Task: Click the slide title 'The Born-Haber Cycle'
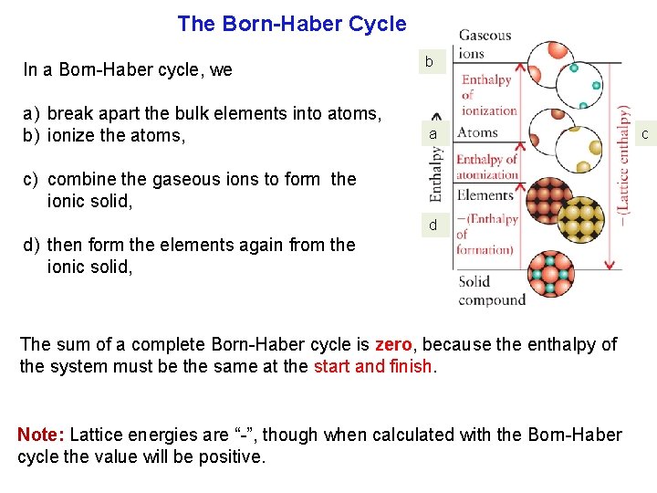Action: click(291, 24)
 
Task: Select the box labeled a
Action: click(434, 134)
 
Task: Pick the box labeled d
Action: click(433, 225)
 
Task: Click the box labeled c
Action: click(644, 135)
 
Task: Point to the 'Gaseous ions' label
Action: click(485, 44)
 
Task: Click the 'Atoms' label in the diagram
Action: click(477, 132)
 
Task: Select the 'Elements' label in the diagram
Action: click(485, 194)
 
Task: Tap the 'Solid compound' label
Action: click(492, 290)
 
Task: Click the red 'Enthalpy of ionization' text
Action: click(488, 95)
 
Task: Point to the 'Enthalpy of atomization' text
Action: click(486, 167)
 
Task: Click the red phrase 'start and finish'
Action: click(374, 367)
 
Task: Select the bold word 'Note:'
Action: click(40, 435)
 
